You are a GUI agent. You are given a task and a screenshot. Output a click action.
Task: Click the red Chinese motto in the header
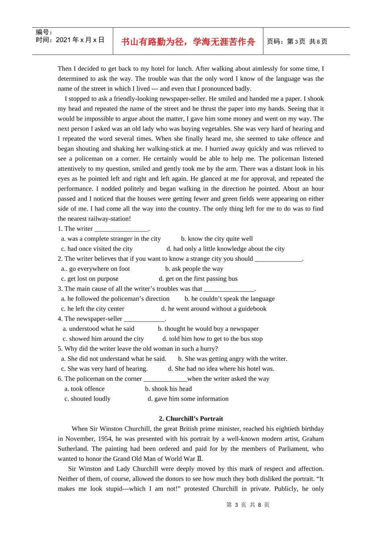pos(188,42)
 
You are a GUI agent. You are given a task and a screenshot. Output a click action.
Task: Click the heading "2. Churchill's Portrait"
pos(191,419)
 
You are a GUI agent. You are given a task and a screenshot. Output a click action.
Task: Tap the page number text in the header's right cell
pos(297,42)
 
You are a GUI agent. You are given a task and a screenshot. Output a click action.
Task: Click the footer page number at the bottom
pos(248,505)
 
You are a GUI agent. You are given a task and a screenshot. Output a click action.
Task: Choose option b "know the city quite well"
pos(217,239)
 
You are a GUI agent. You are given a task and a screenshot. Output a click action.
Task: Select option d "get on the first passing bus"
pos(198,279)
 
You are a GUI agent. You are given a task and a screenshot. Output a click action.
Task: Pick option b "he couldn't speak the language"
pos(230,299)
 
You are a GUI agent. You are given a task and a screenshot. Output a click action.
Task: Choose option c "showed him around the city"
pos(103,339)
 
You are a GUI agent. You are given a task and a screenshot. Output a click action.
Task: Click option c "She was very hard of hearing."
pos(105,369)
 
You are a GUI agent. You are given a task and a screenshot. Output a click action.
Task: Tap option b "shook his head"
pos(168,389)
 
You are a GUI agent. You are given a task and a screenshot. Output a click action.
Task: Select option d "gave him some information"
pos(188,399)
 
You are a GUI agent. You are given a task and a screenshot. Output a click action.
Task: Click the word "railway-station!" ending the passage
pos(108,219)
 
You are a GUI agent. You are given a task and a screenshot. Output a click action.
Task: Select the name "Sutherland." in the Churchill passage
pos(73,449)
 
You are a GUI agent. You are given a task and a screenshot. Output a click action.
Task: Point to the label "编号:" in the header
pos(44,32)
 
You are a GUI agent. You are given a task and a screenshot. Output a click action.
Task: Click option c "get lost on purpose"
pos(90,279)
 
